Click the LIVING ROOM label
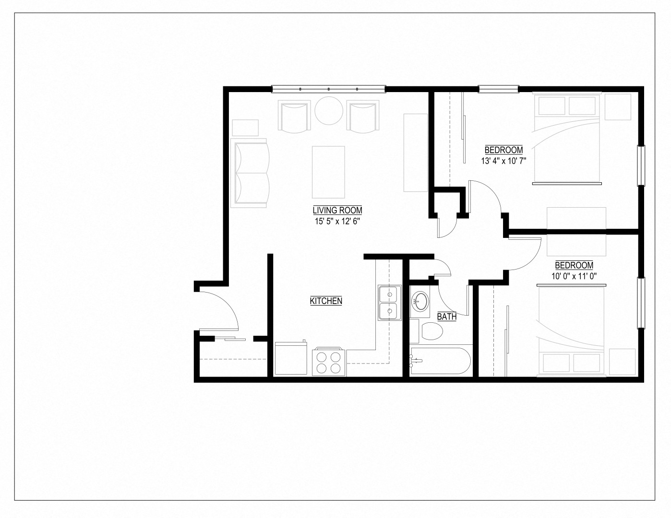337,210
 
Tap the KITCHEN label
326,301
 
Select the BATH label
446,317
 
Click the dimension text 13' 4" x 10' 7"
503,161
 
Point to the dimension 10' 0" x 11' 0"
574,276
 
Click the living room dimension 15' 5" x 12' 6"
337,222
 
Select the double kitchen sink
389,302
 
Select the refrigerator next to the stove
291,359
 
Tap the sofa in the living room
250,173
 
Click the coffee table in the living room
328,172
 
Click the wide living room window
329,89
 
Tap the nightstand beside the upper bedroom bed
617,107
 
